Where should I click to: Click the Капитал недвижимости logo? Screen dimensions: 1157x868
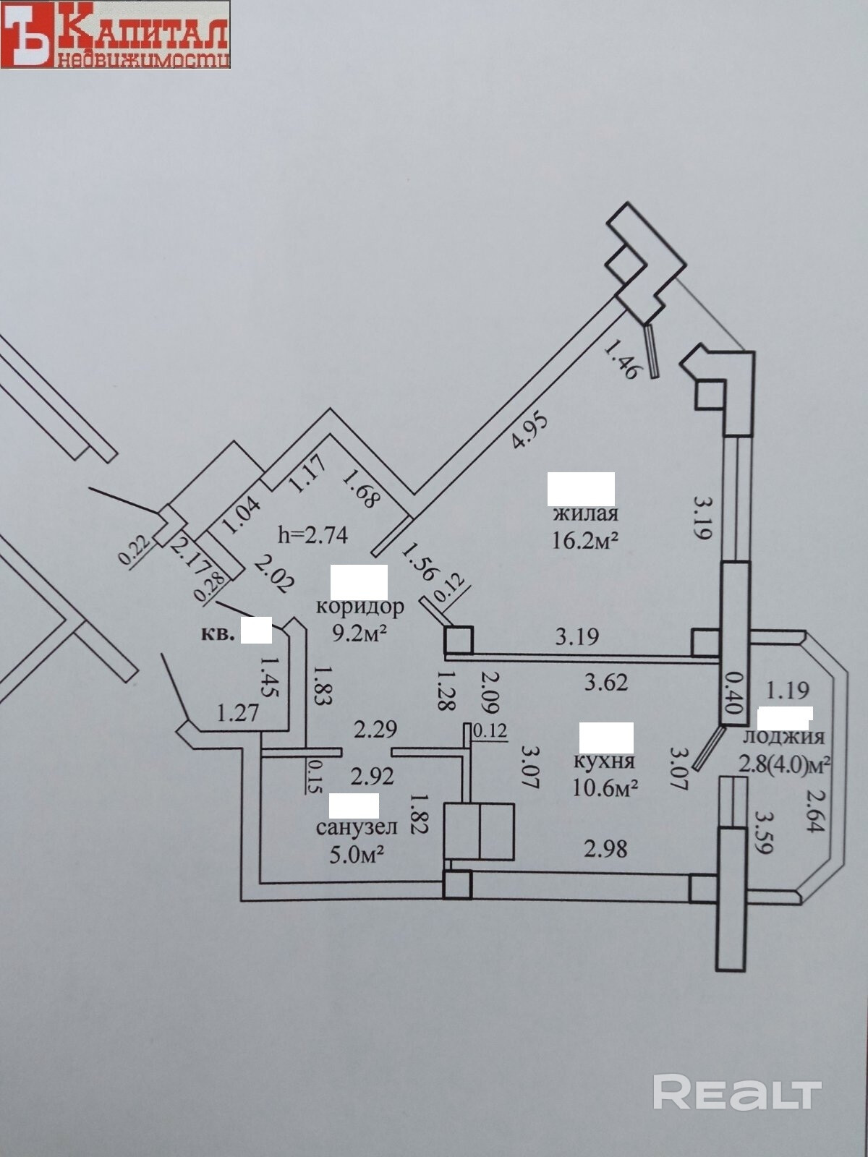click(x=115, y=35)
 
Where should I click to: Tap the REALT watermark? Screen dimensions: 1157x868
click(x=737, y=1091)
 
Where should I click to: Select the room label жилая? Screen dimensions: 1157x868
click(x=585, y=514)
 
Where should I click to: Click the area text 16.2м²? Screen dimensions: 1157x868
click(x=585, y=540)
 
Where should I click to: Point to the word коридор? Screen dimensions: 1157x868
click(x=359, y=606)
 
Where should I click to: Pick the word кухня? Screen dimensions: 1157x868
click(x=604, y=761)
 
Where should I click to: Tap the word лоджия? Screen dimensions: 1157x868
click(x=784, y=737)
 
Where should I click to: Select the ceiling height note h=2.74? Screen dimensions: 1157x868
click(x=313, y=535)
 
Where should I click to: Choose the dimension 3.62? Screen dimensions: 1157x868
click(x=605, y=681)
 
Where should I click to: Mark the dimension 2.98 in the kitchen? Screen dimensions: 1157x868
click(x=605, y=848)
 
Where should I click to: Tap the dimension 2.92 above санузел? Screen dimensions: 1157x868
click(x=373, y=776)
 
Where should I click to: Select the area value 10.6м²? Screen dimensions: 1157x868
click(x=605, y=787)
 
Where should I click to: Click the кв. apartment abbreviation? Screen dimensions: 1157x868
click(x=218, y=635)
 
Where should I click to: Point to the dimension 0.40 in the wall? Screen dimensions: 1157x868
click(x=733, y=693)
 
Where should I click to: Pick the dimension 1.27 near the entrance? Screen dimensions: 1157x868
click(x=238, y=714)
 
